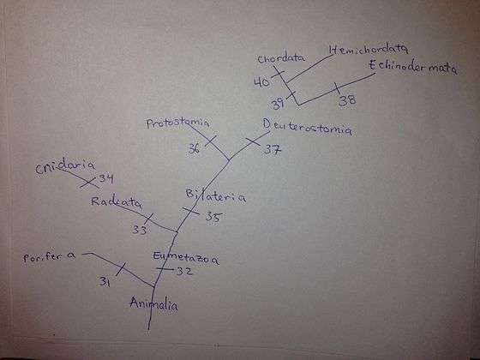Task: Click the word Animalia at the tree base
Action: [153, 304]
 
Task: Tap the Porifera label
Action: [50, 256]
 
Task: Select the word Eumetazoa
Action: [186, 258]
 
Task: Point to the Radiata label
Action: [117, 202]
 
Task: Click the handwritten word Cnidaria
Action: [65, 167]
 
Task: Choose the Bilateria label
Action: [215, 196]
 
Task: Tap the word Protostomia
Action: [178, 123]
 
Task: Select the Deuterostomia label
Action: [308, 127]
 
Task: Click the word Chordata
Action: [281, 58]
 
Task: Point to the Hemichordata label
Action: [369, 50]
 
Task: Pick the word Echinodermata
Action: [413, 67]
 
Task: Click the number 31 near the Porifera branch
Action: [105, 281]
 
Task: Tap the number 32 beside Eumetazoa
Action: [184, 271]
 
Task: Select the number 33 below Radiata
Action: [140, 230]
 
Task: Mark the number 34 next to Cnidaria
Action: [106, 178]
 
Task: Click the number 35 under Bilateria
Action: [213, 216]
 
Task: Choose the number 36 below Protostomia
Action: [194, 148]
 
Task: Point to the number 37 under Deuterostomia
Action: [273, 149]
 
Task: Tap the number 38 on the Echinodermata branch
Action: [347, 100]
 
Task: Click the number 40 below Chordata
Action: [261, 82]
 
